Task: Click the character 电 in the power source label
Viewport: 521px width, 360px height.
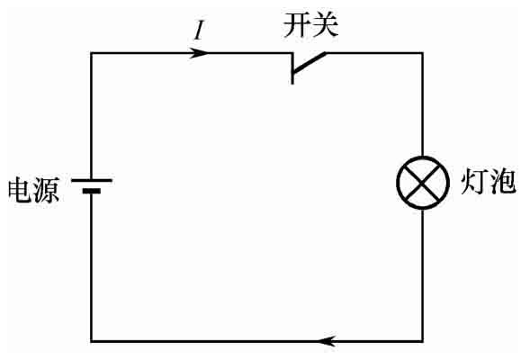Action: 20,190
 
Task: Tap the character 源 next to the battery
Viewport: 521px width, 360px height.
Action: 47,190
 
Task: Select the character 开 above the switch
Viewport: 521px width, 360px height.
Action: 296,25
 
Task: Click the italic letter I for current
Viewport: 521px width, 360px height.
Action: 199,31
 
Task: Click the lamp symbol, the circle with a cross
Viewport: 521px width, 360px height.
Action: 423,157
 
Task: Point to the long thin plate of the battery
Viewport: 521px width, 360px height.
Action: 92,180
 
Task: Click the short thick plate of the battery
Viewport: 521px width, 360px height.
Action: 92,191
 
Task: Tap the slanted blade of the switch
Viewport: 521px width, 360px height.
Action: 309,62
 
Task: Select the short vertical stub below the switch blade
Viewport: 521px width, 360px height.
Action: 292,78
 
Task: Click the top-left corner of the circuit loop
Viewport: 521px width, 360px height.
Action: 92,53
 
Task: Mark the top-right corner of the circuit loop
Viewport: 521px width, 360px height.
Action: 423,53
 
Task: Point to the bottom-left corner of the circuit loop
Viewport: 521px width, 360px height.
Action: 92,341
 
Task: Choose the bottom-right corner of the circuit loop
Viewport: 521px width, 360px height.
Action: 423,341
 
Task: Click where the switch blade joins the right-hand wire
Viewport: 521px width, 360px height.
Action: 326,53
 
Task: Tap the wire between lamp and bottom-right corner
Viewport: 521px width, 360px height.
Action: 423,275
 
